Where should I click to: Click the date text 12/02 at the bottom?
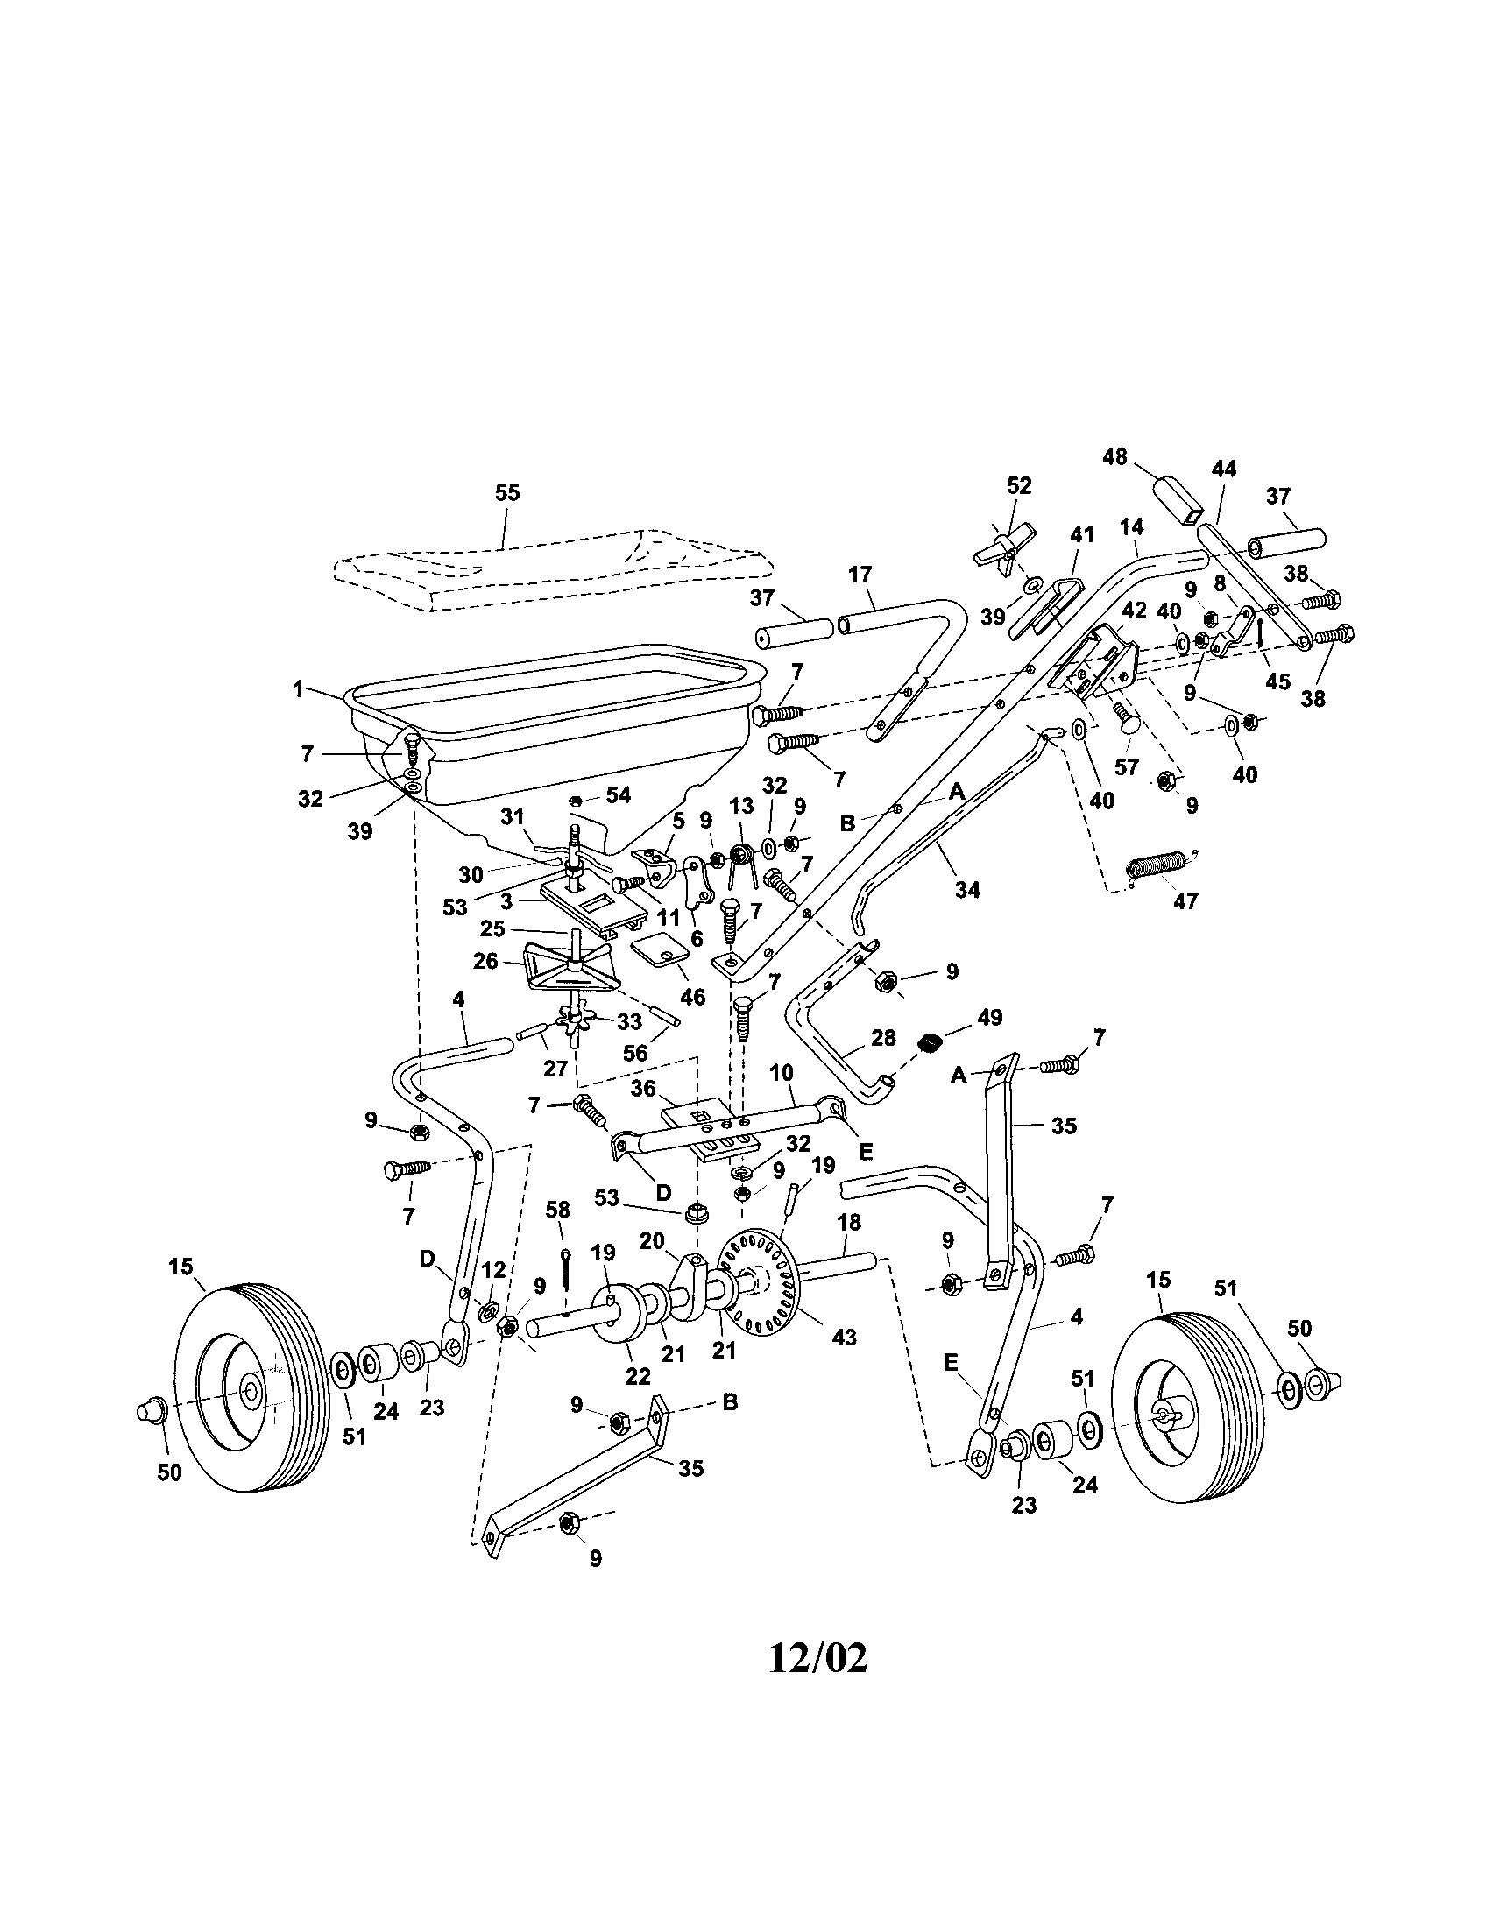click(x=818, y=1658)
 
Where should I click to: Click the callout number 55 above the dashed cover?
click(x=506, y=492)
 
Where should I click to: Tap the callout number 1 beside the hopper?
click(x=298, y=688)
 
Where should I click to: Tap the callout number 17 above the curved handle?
click(x=860, y=575)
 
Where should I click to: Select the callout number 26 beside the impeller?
click(x=485, y=960)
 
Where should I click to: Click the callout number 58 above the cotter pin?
click(x=558, y=1210)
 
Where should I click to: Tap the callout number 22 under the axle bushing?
click(x=637, y=1375)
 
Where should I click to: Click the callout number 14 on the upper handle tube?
click(x=1131, y=526)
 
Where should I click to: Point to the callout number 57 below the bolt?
click(x=1127, y=767)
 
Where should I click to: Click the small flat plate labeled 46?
click(x=660, y=951)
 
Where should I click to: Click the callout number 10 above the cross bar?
click(x=782, y=1073)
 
